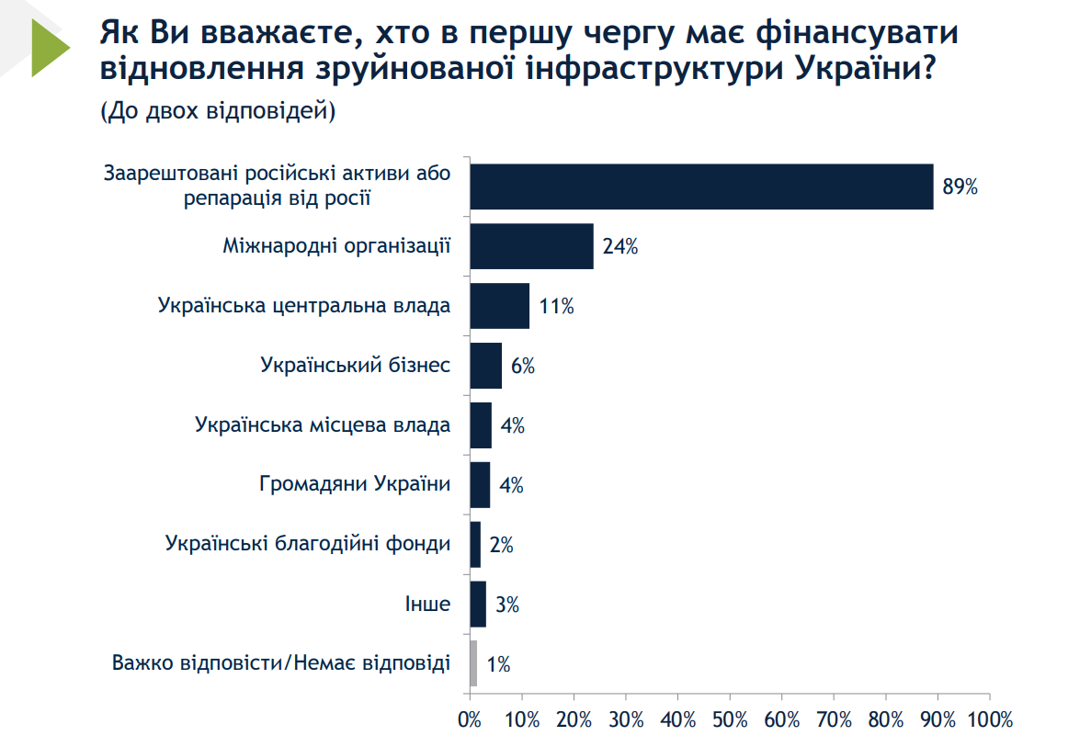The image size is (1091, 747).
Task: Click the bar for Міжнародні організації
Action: point(531,246)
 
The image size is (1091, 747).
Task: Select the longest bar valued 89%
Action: point(701,187)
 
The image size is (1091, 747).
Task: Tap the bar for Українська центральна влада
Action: point(499,306)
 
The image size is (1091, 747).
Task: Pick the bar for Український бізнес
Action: point(485,366)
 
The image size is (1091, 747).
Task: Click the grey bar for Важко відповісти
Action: point(473,663)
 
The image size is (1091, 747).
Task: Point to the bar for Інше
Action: point(478,604)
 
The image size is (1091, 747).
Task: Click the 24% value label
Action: point(620,246)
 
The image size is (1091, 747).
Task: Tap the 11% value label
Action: point(556,307)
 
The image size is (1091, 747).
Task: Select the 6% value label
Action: point(523,367)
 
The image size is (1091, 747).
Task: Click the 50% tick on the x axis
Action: point(730,719)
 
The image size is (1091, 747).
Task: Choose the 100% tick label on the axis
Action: point(989,719)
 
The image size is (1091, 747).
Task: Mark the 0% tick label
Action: point(470,719)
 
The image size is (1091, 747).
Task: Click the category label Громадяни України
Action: point(355,484)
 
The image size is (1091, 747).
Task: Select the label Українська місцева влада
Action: point(323,424)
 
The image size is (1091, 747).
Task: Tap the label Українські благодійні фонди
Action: point(308,544)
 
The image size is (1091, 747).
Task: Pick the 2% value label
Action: point(501,545)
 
